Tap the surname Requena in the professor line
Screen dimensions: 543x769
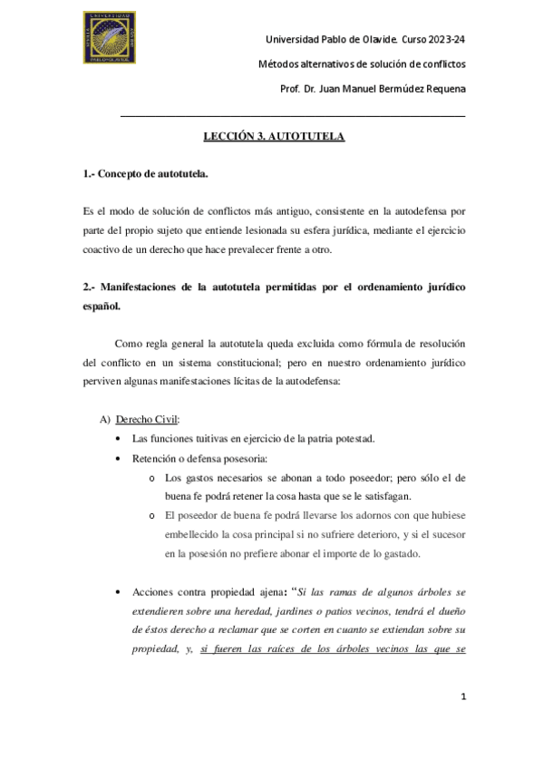tap(440, 87)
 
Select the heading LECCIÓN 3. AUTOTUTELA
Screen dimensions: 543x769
tap(274, 137)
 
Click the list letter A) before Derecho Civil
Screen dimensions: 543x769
tap(104, 419)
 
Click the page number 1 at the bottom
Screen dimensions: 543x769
tap(463, 696)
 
